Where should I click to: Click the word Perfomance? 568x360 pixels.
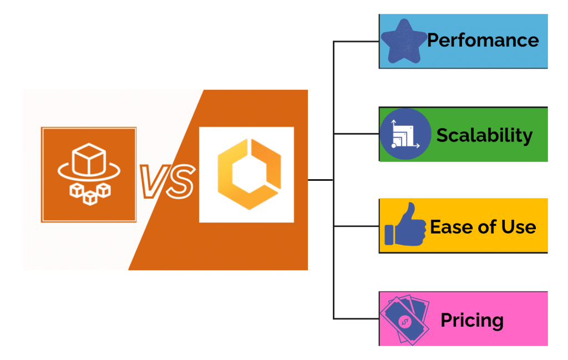tap(483, 40)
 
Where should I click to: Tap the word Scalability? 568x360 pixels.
tap(484, 135)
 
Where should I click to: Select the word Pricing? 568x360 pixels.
tap(472, 320)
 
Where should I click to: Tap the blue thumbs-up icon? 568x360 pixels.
tap(404, 225)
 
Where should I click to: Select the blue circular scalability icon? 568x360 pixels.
tap(405, 134)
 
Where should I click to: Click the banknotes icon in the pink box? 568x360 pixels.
tap(404, 320)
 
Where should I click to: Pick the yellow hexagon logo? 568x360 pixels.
tap(246, 175)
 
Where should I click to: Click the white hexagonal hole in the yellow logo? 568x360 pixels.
tap(246, 175)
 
